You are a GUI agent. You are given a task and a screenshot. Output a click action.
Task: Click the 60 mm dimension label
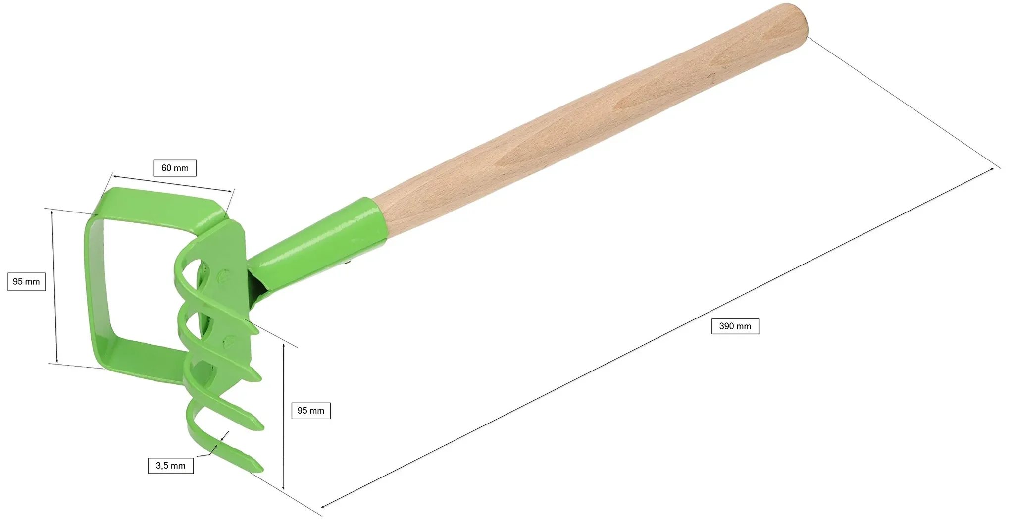(175, 168)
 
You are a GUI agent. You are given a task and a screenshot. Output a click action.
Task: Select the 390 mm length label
(735, 326)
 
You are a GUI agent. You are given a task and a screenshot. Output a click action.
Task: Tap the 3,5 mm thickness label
(171, 466)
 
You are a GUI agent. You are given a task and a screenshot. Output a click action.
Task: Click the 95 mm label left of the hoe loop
(26, 282)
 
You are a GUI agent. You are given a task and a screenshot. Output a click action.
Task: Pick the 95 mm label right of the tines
(311, 411)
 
